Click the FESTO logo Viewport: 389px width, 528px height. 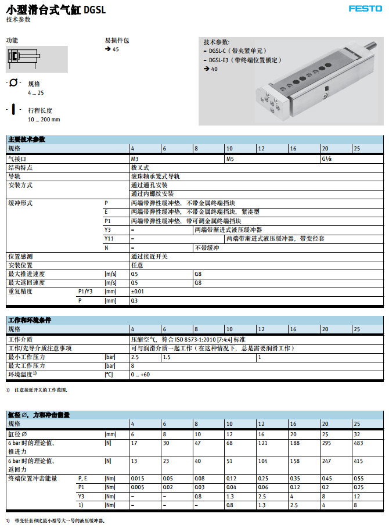[365, 9]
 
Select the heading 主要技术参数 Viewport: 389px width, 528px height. [26, 139]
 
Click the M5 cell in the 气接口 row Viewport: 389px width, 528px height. [230, 158]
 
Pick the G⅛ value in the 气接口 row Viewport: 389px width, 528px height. [327, 158]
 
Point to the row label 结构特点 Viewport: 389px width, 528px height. [20, 167]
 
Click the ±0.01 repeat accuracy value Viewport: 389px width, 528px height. [138, 291]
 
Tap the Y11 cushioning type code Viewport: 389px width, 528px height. [109, 238]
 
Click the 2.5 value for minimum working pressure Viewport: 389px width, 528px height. [135, 357]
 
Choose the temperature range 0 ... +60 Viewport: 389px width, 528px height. [141, 375]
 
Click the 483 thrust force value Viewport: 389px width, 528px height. [359, 443]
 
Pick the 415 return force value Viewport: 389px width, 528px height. [358, 461]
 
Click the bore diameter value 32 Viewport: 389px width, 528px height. [356, 433]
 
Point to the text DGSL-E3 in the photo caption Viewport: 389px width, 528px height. [219, 60]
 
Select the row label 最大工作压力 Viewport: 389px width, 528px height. [27, 366]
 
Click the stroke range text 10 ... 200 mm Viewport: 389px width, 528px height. [44, 119]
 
